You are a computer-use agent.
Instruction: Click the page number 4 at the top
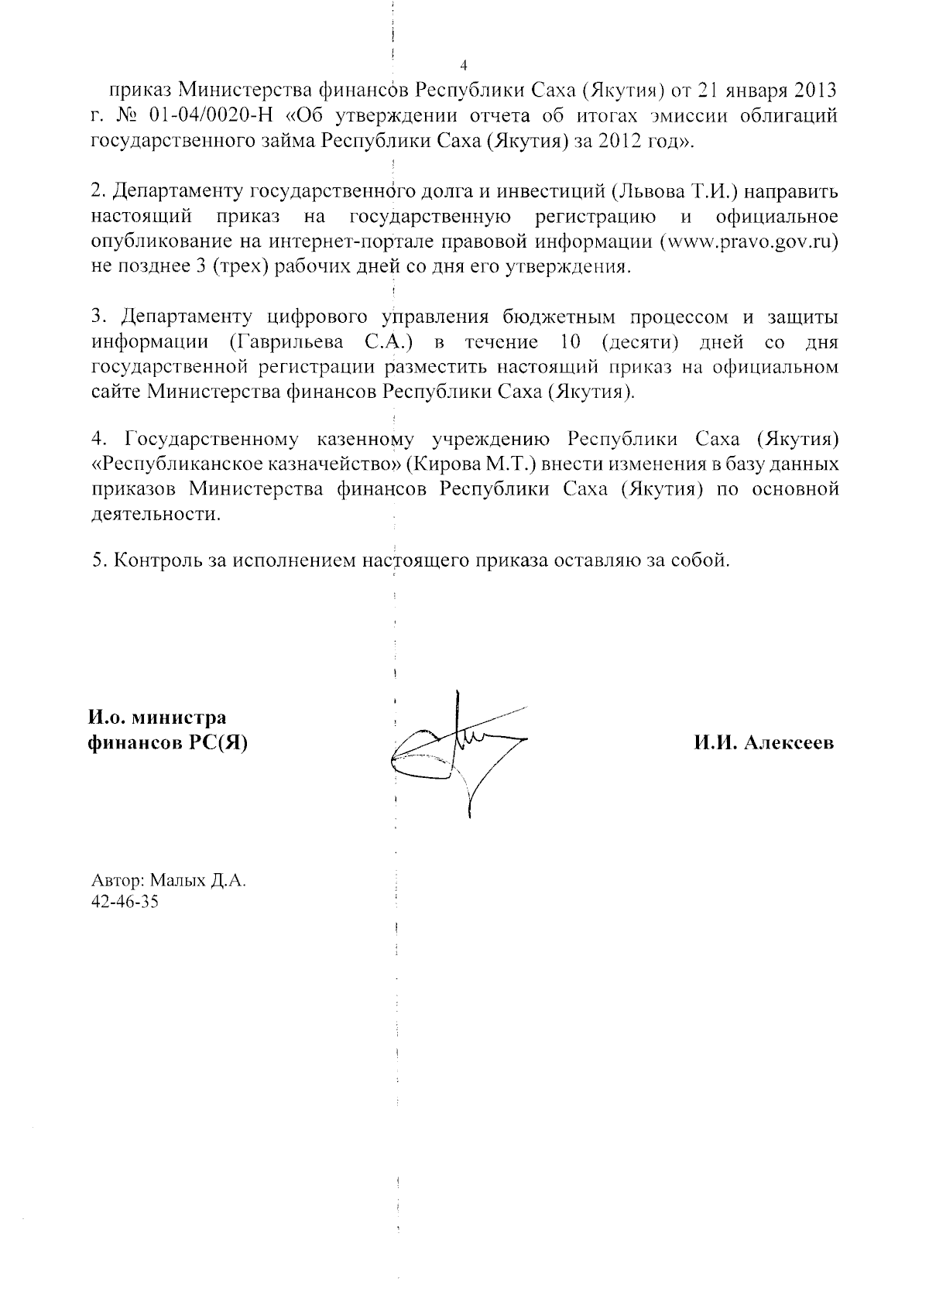[x=463, y=64]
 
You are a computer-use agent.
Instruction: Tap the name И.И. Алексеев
[x=763, y=743]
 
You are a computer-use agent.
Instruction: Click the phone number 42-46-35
[x=125, y=902]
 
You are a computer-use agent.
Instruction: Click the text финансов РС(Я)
[x=168, y=743]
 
